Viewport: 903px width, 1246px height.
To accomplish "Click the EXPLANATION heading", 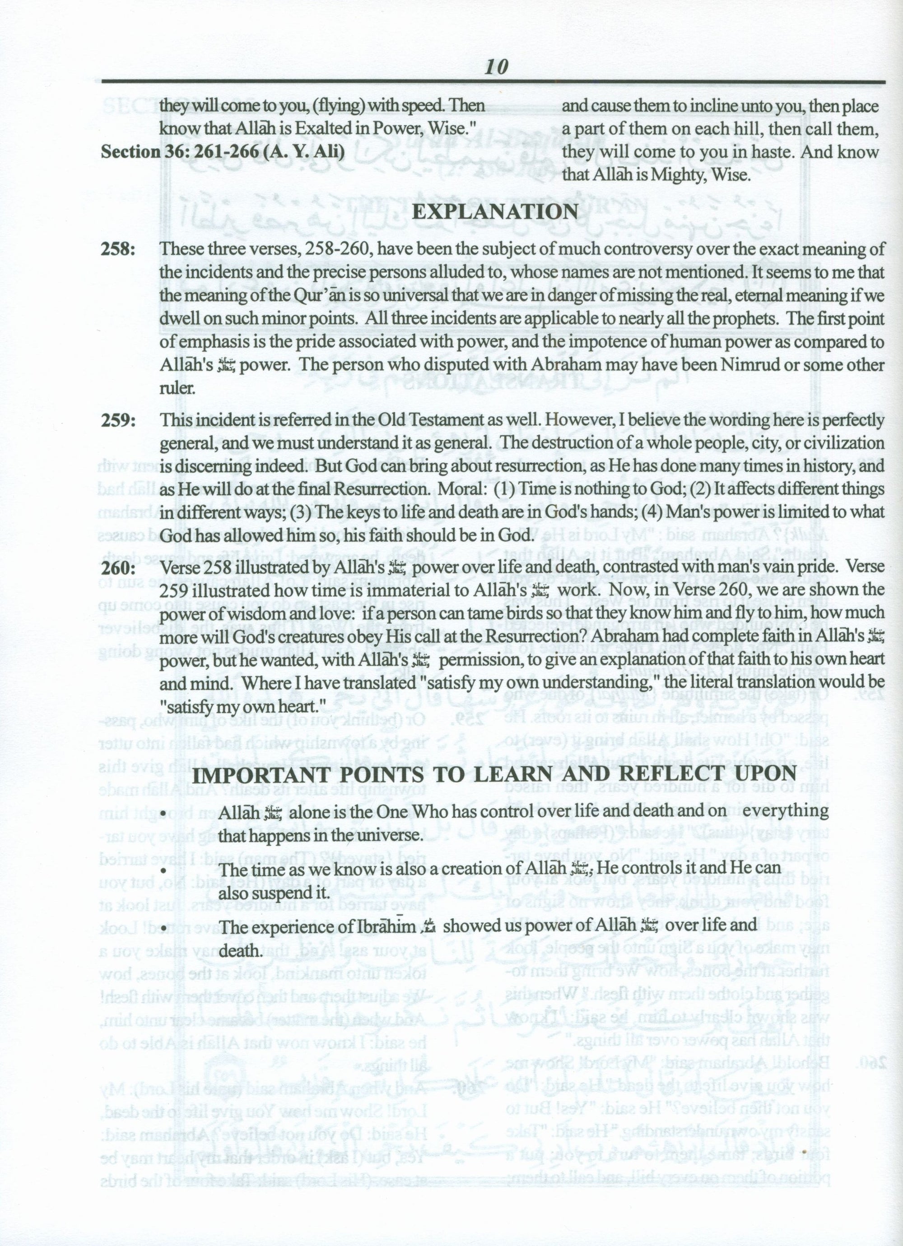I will (495, 212).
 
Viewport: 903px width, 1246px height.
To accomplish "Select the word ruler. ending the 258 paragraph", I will (177, 388).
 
